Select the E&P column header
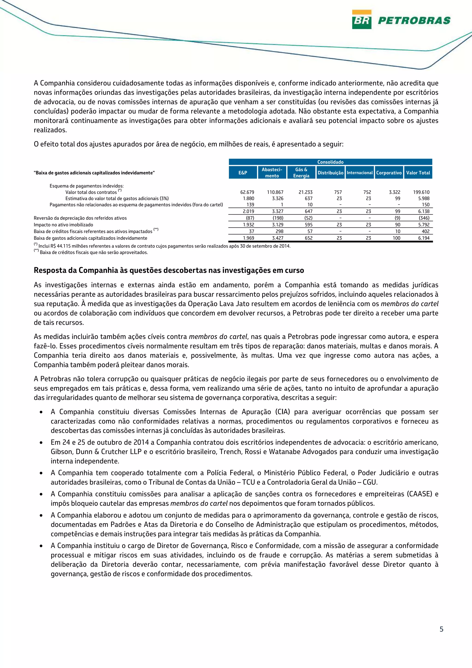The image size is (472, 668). coord(243,172)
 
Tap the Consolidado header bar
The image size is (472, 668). coord(330,162)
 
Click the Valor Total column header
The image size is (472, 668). coord(418,172)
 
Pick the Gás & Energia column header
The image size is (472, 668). coord(301,172)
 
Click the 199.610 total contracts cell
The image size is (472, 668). coord(421,192)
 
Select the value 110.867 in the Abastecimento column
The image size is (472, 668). coord(275,192)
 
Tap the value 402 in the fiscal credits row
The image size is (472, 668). coord(425,231)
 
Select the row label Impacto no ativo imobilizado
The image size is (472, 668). coord(63,225)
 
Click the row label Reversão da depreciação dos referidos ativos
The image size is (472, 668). coord(80,218)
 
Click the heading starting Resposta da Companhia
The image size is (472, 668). coord(169,270)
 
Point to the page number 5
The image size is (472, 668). coord(441,637)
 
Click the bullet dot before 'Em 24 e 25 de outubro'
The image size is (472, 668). coord(41,443)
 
